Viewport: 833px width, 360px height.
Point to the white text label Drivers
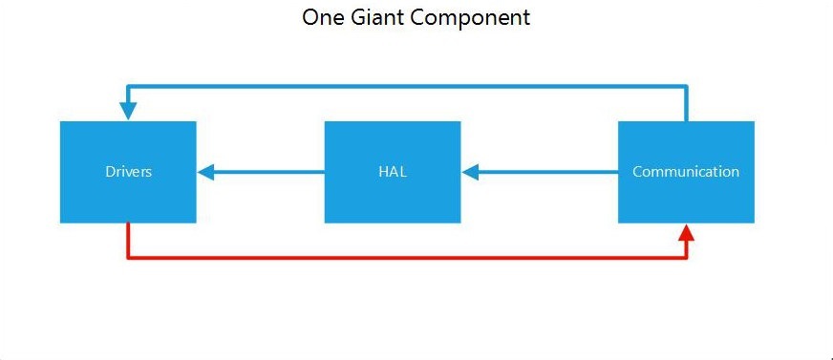pos(128,172)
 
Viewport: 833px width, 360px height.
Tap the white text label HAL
pos(393,172)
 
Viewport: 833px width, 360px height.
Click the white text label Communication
pos(686,172)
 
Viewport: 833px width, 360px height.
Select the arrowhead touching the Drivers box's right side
pos(206,172)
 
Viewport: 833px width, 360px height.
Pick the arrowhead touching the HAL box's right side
pos(470,172)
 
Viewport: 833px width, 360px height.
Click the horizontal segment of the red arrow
pos(407,258)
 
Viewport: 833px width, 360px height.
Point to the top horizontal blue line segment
pos(407,86)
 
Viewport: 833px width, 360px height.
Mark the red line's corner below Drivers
pos(128,258)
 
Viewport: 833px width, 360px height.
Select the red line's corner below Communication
pos(686,258)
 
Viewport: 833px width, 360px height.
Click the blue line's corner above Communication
pos(686,86)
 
